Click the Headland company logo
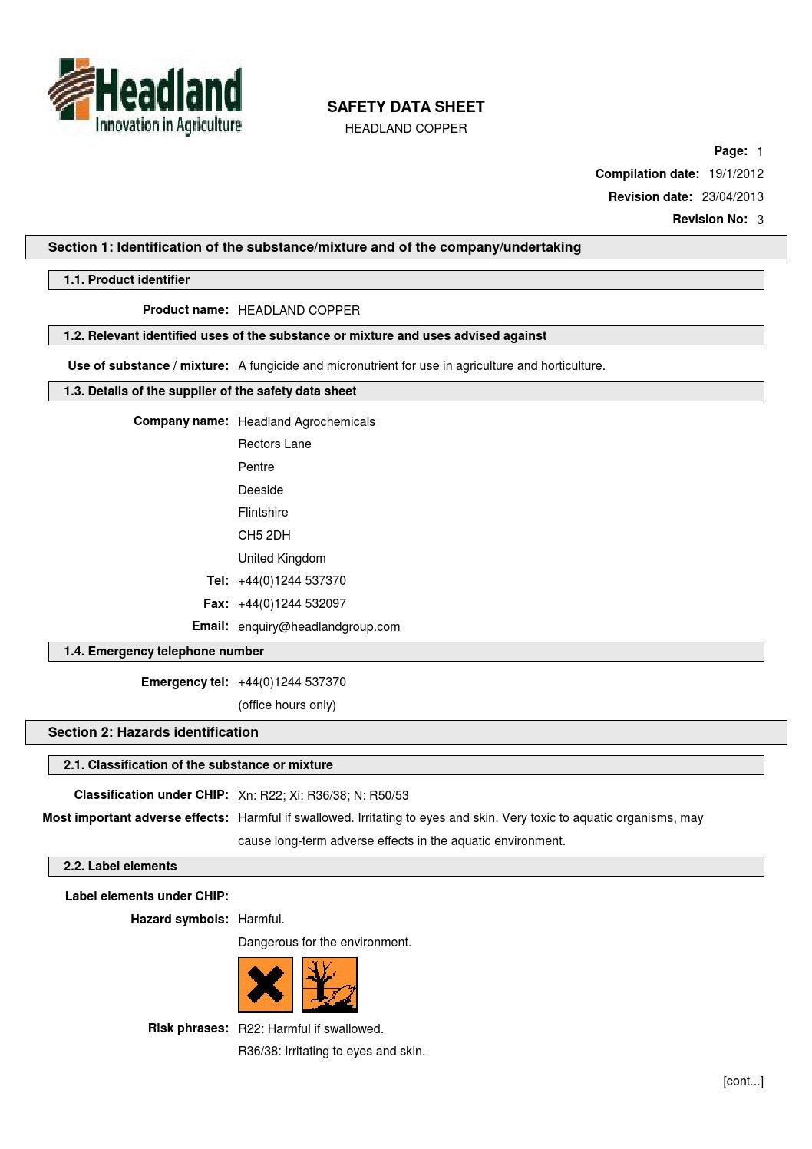point(146,97)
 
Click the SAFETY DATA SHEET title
point(405,107)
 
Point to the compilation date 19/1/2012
point(735,174)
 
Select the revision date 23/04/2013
point(732,197)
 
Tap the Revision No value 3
point(760,220)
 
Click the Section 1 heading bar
point(406,247)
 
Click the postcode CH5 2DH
point(264,536)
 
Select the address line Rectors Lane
point(275,444)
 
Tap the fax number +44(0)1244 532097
point(292,604)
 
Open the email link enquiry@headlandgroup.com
point(319,627)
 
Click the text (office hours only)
point(287,705)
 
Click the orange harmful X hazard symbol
point(266,985)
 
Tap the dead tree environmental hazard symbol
point(329,985)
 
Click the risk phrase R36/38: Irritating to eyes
point(332,1052)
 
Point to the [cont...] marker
point(743,1081)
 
